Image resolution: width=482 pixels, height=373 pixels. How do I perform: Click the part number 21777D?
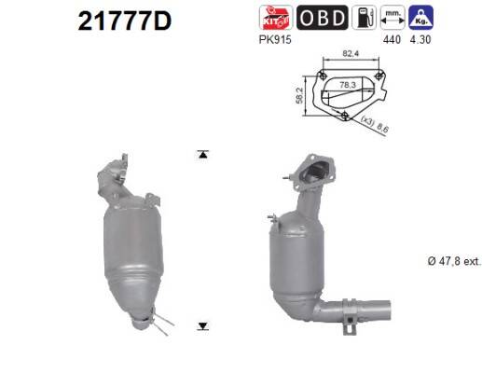pos(117,20)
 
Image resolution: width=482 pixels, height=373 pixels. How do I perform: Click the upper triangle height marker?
pos(203,154)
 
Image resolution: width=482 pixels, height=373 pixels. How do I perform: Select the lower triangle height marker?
pos(203,325)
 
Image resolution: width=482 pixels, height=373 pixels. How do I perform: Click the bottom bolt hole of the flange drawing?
pos(347,116)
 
